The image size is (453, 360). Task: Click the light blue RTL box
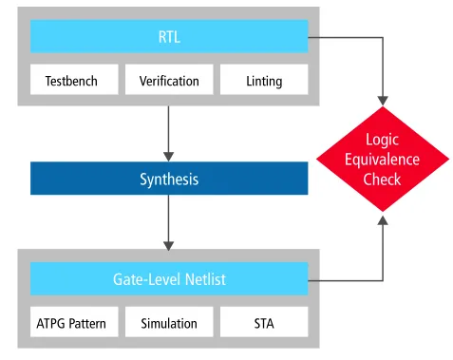pyautogui.click(x=169, y=38)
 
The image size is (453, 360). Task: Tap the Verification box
pyautogui.click(x=169, y=81)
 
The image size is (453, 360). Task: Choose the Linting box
pyautogui.click(x=264, y=81)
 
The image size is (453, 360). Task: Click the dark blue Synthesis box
pyautogui.click(x=169, y=179)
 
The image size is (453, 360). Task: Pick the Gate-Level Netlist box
pyautogui.click(x=169, y=280)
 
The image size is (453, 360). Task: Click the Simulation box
pyautogui.click(x=169, y=323)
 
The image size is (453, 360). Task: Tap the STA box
pyautogui.click(x=264, y=323)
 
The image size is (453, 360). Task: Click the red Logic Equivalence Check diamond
pyautogui.click(x=382, y=160)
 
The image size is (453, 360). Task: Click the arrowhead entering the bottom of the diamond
pyautogui.click(x=382, y=220)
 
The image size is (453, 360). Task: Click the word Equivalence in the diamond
pyautogui.click(x=382, y=160)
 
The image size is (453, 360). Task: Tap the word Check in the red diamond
pyautogui.click(x=382, y=180)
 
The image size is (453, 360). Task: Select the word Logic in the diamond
pyautogui.click(x=382, y=140)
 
